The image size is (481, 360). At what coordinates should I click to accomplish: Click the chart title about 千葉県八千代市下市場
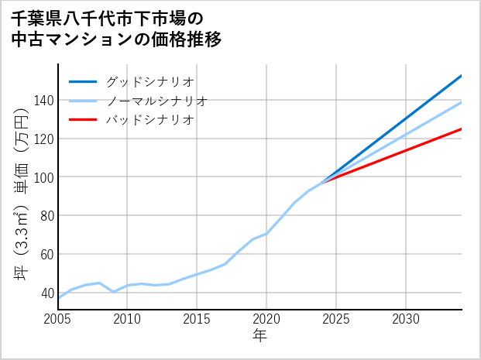pyautogui.click(x=116, y=28)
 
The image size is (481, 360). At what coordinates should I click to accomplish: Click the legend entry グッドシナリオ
pyautogui.click(x=149, y=81)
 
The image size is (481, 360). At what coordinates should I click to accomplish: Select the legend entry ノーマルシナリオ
pyautogui.click(x=156, y=101)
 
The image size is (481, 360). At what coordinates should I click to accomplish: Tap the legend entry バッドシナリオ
pyautogui.click(x=149, y=120)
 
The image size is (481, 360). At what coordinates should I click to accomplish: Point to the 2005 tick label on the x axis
pyautogui.click(x=58, y=319)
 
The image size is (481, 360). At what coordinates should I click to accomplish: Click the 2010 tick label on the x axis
pyautogui.click(x=128, y=319)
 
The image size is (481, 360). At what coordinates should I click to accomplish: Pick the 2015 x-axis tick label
pyautogui.click(x=198, y=319)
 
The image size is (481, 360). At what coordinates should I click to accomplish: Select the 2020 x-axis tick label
pyautogui.click(x=266, y=319)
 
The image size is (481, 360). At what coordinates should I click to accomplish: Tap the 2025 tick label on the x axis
pyautogui.click(x=336, y=319)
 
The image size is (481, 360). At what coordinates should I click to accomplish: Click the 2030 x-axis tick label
pyautogui.click(x=406, y=319)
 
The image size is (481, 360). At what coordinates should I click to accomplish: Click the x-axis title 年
pyautogui.click(x=259, y=336)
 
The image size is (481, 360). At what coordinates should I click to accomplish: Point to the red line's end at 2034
pyautogui.click(x=462, y=129)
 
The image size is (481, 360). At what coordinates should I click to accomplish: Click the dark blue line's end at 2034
pyautogui.click(x=462, y=75)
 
